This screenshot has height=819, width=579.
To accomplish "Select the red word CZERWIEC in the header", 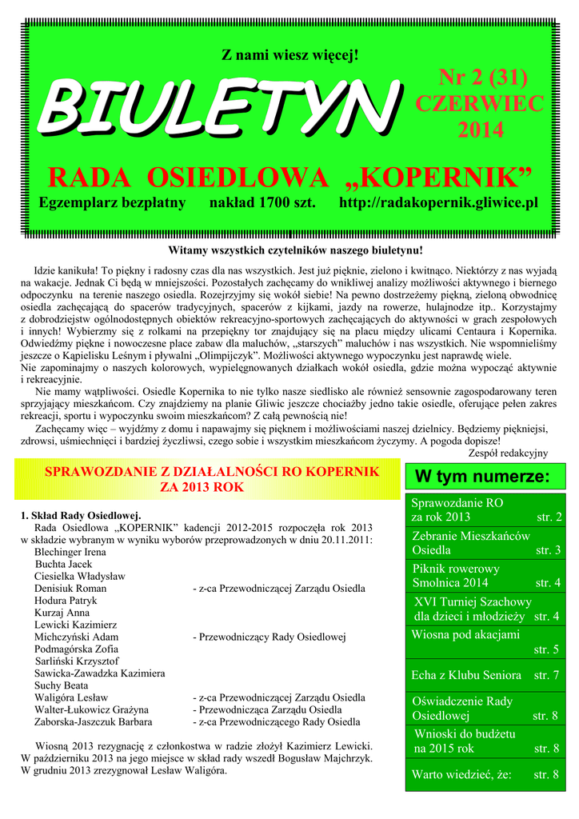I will [x=480, y=104].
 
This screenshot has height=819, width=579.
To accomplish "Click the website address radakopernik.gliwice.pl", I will [x=436, y=203].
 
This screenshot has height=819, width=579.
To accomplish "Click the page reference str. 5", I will [x=547, y=649].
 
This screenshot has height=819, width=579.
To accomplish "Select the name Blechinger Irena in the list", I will [x=70, y=552].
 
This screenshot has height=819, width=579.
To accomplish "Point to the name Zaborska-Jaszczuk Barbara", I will [x=94, y=721].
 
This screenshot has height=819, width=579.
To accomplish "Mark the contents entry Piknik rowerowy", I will [x=456, y=569].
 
